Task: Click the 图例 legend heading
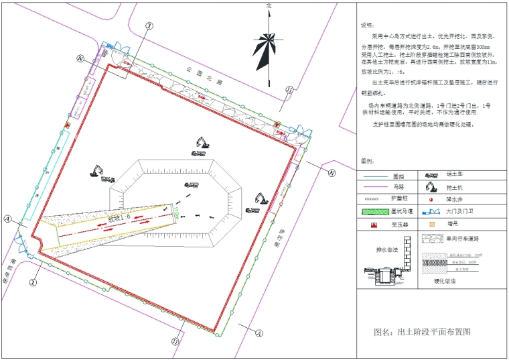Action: pos(367,162)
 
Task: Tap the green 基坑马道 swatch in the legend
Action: pos(386,212)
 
